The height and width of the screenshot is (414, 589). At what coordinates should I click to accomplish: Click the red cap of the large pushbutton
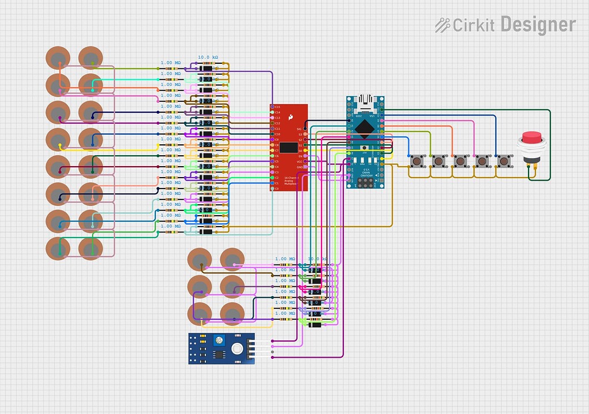[531, 138]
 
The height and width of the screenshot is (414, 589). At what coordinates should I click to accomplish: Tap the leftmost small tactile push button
[418, 160]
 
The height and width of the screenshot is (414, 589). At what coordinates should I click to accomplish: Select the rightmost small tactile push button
[504, 160]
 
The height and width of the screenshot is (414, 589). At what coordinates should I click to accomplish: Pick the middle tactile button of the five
[461, 160]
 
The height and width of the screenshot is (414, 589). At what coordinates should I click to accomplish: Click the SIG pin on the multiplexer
[305, 129]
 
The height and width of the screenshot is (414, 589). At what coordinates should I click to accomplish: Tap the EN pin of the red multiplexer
[305, 156]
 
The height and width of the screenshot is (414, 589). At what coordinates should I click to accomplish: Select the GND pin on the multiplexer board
[305, 167]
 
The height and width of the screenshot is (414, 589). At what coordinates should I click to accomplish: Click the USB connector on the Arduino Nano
[365, 103]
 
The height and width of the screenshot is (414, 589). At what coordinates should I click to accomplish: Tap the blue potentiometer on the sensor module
[219, 342]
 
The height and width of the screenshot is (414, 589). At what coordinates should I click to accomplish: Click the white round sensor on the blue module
[236, 348]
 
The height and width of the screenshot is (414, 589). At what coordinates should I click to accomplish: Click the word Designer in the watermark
[538, 25]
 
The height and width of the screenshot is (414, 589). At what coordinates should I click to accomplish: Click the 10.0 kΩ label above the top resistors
[208, 57]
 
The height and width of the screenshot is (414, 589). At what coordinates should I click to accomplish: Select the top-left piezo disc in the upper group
[58, 58]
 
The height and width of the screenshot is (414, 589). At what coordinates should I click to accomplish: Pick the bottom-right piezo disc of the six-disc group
[232, 313]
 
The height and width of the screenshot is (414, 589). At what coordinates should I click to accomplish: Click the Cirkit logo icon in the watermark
[442, 25]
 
